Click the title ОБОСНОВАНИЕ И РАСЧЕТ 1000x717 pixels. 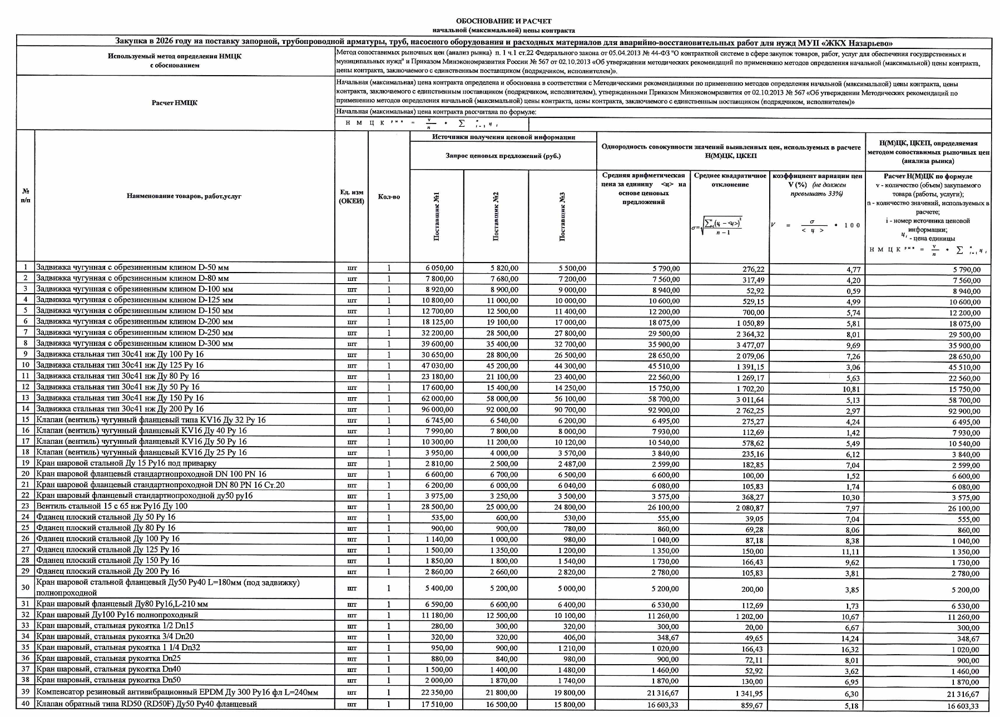pyautogui.click(x=503, y=21)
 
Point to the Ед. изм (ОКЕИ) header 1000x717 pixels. pyautogui.click(x=351, y=196)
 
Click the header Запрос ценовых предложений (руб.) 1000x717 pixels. pyautogui.click(x=503, y=156)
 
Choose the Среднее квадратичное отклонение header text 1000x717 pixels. pyautogui.click(x=730, y=180)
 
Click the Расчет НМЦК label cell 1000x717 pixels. pyautogui.click(x=174, y=103)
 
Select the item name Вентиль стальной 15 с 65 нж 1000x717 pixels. pyautogui.click(x=112, y=506)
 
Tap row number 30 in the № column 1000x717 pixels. pyautogui.click(x=25, y=587)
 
